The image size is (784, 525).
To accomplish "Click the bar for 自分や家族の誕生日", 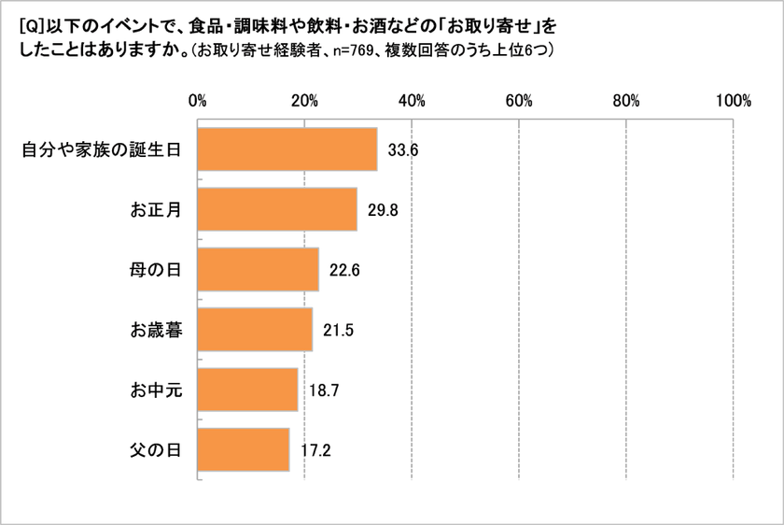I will point(287,149).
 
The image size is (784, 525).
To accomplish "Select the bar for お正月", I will point(277,209).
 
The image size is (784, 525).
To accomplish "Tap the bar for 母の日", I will point(259,270).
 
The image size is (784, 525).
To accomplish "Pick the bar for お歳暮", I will point(255,330).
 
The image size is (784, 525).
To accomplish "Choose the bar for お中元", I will point(247,390).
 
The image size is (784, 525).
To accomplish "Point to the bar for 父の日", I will point(244,450).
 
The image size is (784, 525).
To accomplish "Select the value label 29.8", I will point(383,209).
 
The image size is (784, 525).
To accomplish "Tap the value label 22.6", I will point(344,270).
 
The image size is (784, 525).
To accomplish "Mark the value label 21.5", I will point(338,330).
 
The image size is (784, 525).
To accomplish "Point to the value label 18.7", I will point(323,390).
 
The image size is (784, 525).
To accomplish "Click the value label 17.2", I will point(315,450).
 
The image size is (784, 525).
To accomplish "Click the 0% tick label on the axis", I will point(198,101).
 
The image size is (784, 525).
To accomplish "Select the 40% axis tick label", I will point(412,101).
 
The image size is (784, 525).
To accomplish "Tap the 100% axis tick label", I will point(734,101).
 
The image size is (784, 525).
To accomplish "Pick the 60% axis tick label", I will point(519,101).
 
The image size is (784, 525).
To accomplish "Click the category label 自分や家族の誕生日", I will point(100,149).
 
